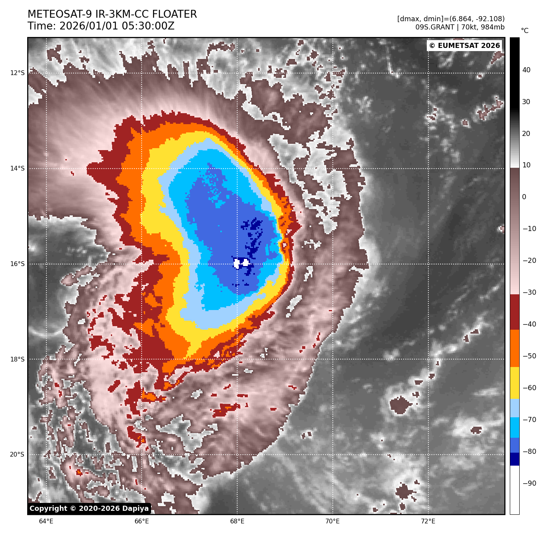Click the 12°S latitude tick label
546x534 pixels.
point(17,73)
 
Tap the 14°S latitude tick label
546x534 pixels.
point(17,169)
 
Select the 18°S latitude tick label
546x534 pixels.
point(17,359)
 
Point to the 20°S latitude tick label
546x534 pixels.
point(17,455)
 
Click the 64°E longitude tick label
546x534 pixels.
point(46,521)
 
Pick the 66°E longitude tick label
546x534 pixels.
point(142,521)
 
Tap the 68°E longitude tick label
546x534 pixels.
point(237,521)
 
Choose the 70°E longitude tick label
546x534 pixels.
point(333,521)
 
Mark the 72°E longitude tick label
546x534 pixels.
point(428,521)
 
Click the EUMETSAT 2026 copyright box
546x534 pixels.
point(464,46)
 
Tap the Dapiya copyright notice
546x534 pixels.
point(89,508)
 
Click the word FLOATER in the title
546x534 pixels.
point(174,15)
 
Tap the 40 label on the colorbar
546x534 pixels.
point(526,70)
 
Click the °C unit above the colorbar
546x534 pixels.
point(524,31)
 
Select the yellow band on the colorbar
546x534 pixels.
point(515,383)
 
